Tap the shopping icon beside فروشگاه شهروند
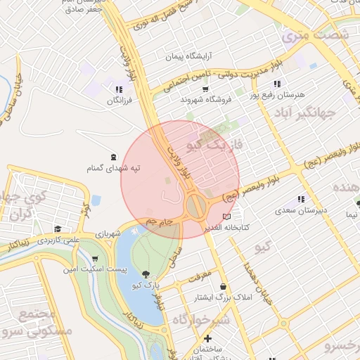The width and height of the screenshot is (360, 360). point(205,89)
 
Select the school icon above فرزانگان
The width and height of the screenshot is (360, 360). point(118,89)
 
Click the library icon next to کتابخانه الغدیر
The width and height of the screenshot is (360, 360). point(226,216)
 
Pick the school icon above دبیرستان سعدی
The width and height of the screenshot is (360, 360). point(302,199)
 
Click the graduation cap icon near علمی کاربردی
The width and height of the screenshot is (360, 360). point(58,229)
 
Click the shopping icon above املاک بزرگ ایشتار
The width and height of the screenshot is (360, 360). point(223,286)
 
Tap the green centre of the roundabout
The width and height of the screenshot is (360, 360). point(196,207)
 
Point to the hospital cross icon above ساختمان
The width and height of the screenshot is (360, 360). point(207,338)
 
